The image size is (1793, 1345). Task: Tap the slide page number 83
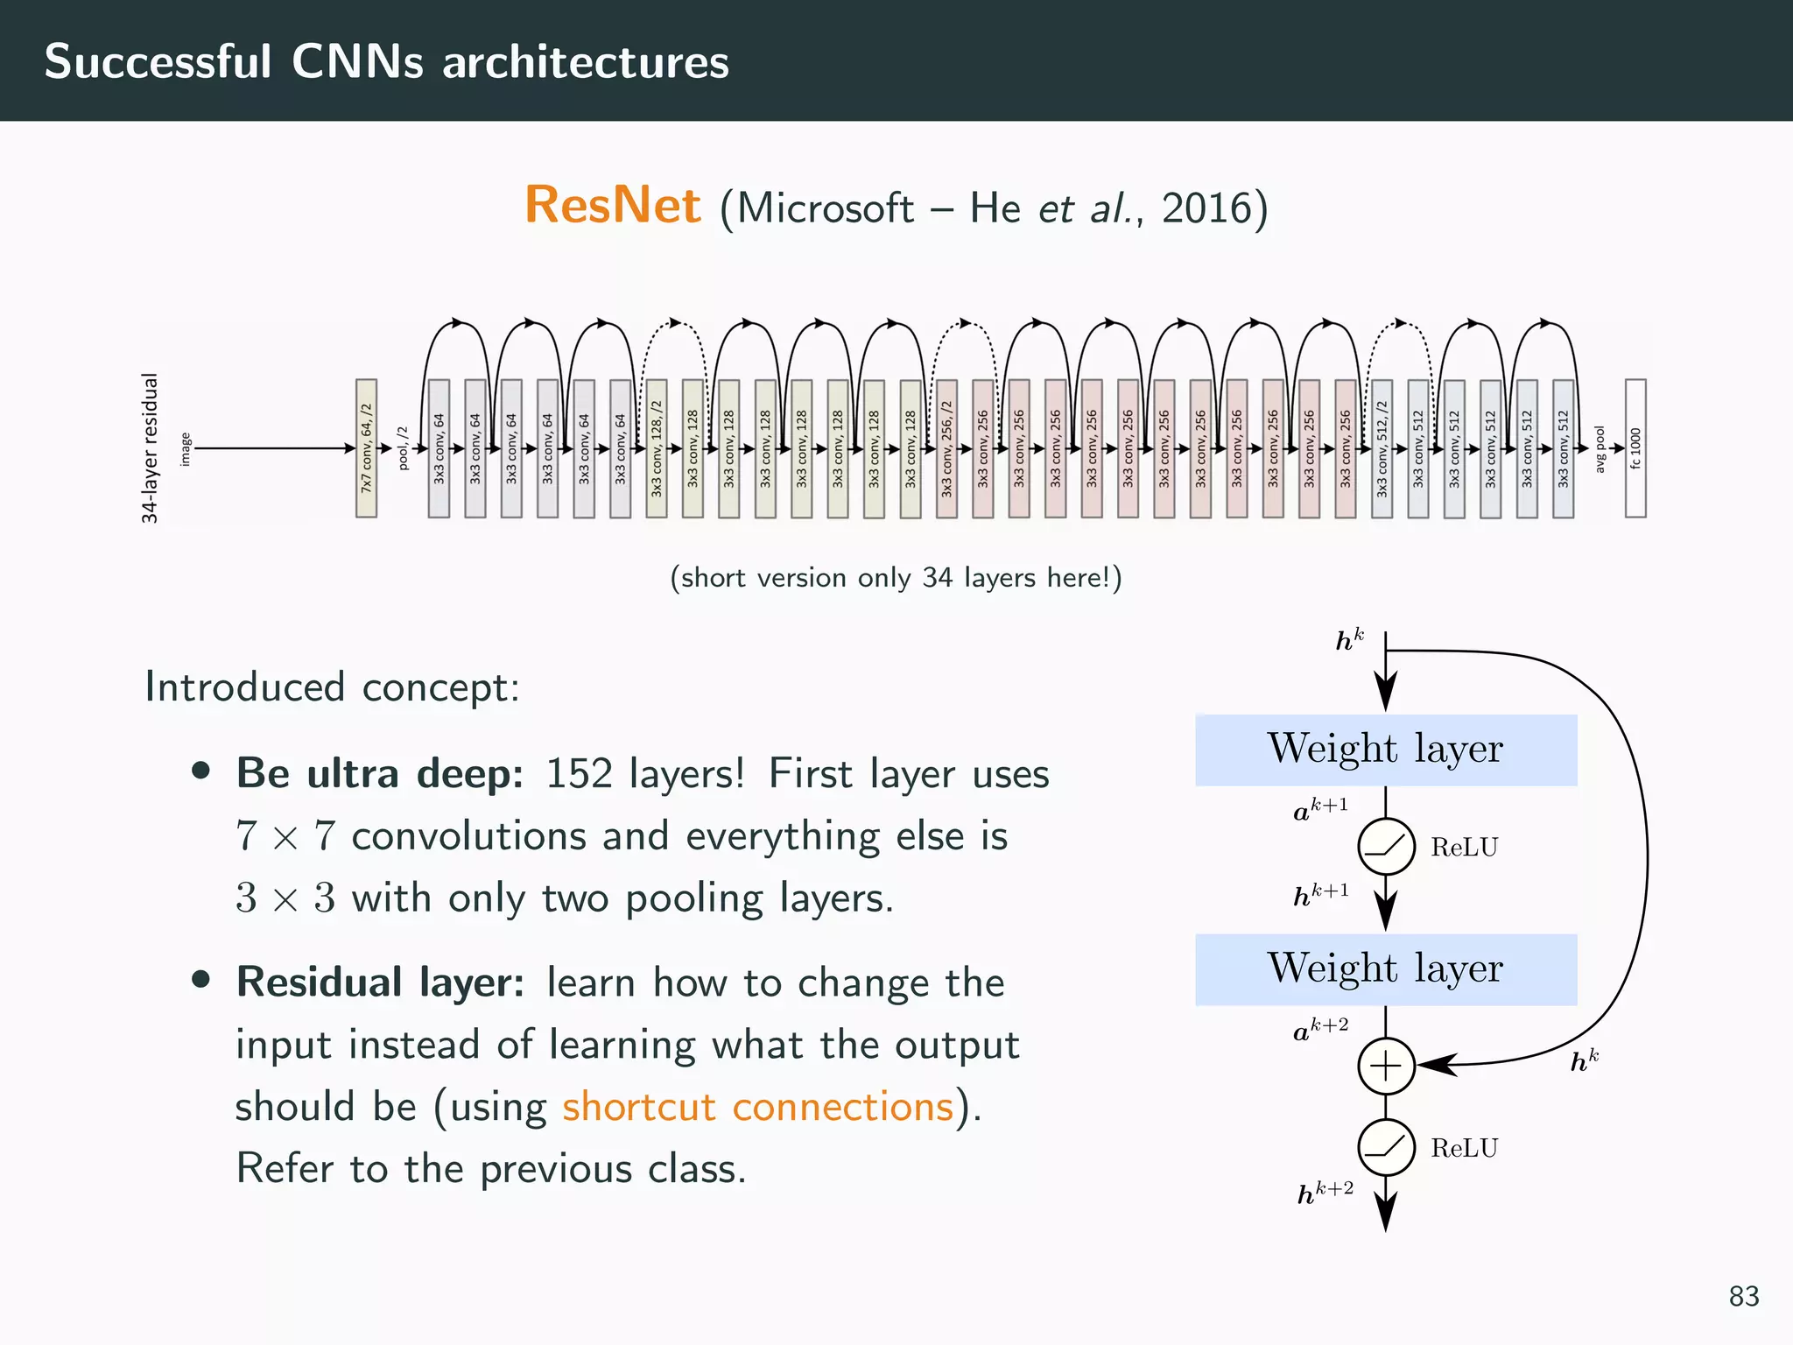point(1743,1296)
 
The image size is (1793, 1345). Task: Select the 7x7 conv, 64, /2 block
point(366,448)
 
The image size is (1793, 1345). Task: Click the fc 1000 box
point(1635,448)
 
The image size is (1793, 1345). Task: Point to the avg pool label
point(1600,449)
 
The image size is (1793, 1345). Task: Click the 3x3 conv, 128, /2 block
point(657,448)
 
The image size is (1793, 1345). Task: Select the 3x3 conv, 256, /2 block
point(946,448)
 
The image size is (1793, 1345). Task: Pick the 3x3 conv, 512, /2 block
point(1382,448)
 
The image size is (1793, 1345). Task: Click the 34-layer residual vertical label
point(150,448)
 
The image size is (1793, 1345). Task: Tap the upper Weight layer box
point(1385,750)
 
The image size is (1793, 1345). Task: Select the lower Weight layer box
point(1385,969)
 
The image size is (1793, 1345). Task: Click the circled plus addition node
point(1386,1066)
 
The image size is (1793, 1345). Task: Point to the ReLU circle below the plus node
point(1386,1147)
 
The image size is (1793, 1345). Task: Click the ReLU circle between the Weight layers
point(1386,847)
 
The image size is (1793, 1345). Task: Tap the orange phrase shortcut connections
point(757,1107)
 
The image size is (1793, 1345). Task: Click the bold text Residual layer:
point(380,982)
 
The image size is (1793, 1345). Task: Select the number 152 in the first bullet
point(579,774)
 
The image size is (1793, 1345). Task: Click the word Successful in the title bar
point(158,61)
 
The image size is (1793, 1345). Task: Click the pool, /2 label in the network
point(403,448)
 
